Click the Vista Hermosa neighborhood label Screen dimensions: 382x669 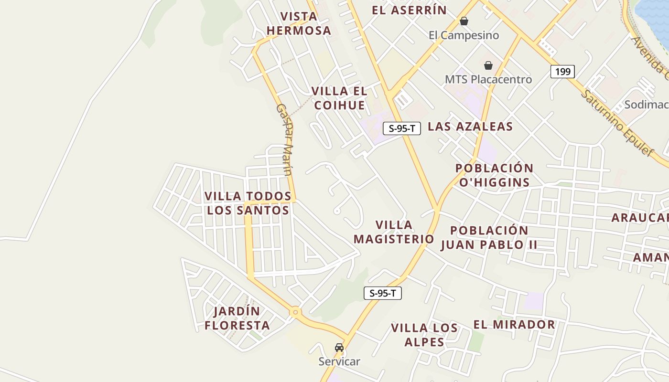coord(299,23)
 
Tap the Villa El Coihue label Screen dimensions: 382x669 coord(339,98)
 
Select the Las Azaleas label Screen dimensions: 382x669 coord(470,127)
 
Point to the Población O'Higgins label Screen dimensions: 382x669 coord(494,175)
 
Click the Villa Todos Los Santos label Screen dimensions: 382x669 coord(248,203)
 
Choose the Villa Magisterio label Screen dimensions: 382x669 coord(394,232)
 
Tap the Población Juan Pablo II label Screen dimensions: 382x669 coord(489,237)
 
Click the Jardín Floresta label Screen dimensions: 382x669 coord(237,318)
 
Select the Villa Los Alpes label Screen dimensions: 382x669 coord(424,335)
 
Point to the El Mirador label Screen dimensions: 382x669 coord(514,325)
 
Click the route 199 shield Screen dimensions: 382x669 coord(562,72)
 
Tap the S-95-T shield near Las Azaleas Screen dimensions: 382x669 coord(402,128)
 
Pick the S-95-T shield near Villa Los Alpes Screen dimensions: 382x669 coord(383,293)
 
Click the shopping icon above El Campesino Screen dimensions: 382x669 coord(464,21)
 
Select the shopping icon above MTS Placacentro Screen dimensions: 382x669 coord(488,65)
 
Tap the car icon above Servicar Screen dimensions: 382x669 coord(339,348)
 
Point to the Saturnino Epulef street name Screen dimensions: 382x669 coord(616,123)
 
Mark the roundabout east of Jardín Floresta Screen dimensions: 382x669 coord(295,312)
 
